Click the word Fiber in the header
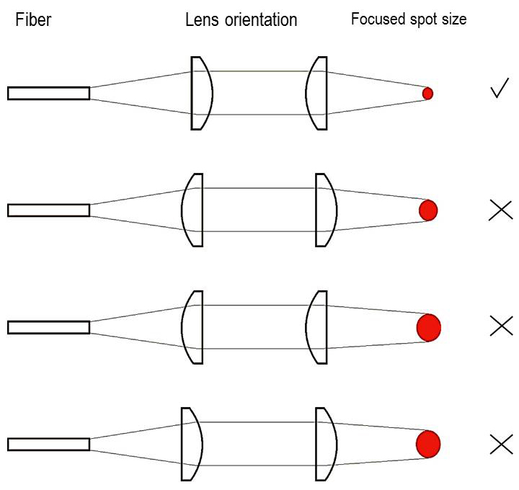click(x=33, y=20)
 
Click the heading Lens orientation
click(x=241, y=20)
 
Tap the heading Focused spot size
click(x=408, y=19)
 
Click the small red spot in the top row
click(x=427, y=93)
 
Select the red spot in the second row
click(x=428, y=210)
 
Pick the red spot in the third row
click(x=429, y=327)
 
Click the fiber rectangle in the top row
click(x=48, y=93)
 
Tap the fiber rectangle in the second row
click(x=48, y=210)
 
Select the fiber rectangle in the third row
click(x=48, y=327)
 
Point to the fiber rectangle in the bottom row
click(x=48, y=444)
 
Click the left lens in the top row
click(x=200, y=93)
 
